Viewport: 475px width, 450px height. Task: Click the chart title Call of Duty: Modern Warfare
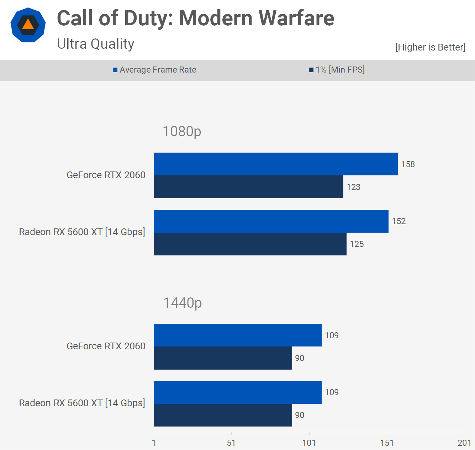point(195,18)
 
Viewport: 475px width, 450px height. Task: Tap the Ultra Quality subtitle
point(95,44)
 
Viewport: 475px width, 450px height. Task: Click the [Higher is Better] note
point(430,47)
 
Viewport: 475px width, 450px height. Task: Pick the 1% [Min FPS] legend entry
point(337,70)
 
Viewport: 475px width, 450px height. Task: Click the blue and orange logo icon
point(28,25)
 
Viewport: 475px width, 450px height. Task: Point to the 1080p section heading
point(182,131)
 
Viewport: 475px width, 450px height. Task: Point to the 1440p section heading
point(183,303)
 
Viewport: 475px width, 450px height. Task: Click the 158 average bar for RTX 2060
point(276,164)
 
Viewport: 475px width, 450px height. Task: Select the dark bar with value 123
point(248,187)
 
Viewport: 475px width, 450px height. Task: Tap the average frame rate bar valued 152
point(271,221)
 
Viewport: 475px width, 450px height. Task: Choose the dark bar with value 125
point(250,244)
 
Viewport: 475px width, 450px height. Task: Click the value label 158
point(408,164)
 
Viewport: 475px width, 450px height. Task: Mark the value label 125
point(357,244)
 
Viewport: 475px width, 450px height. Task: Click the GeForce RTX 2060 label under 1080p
point(106,175)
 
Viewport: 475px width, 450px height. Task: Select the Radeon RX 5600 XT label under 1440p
point(82,403)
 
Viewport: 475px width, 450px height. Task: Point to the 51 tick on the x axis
point(231,443)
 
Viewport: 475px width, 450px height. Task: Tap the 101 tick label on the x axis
point(309,443)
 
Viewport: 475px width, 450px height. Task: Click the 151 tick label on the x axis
point(387,443)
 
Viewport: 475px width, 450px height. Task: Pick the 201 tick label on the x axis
point(464,443)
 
